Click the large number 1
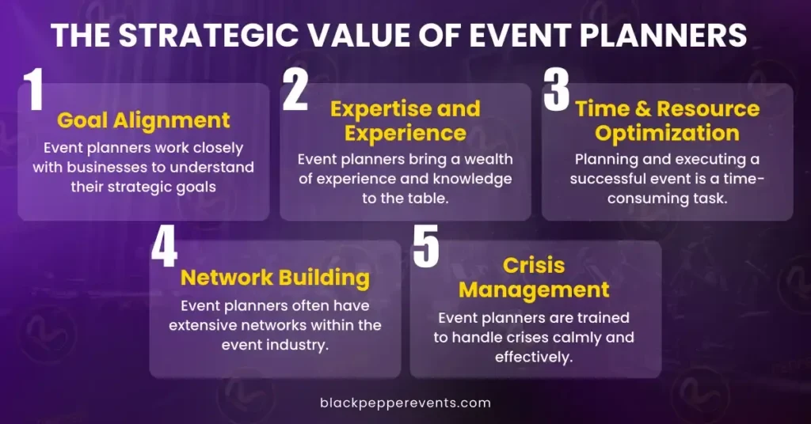(35, 90)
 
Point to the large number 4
(165, 248)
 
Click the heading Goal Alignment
(143, 120)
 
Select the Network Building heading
(275, 278)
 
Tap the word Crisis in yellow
(534, 266)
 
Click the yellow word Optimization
(667, 133)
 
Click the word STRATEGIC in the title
(208, 35)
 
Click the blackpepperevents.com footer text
(405, 403)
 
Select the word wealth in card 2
(488, 159)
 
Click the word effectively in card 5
(534, 357)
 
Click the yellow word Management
(534, 290)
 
